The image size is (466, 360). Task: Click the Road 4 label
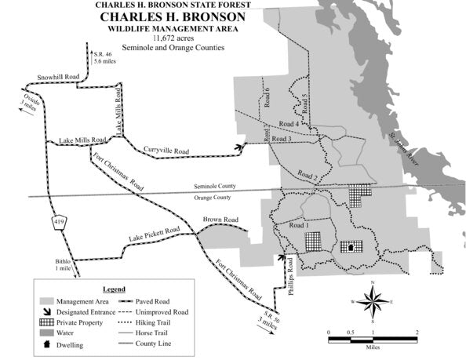tap(289, 124)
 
